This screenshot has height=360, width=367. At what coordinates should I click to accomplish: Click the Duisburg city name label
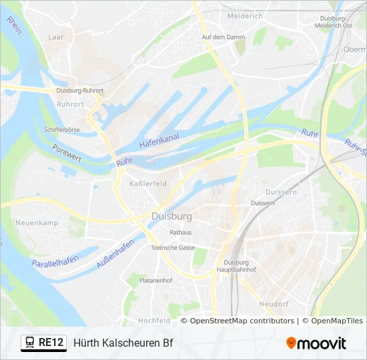pyautogui.click(x=171, y=217)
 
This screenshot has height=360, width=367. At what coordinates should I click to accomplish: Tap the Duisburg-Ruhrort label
pyautogui.click(x=79, y=91)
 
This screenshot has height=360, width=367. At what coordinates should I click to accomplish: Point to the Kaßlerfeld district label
pyautogui.click(x=147, y=183)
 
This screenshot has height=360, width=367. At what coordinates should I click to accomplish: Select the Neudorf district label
pyautogui.click(x=273, y=304)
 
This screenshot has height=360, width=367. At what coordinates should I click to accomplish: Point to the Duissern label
pyautogui.click(x=262, y=203)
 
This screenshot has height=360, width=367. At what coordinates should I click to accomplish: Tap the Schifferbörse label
pyautogui.click(x=61, y=129)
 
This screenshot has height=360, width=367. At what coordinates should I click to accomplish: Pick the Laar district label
pyautogui.click(x=56, y=38)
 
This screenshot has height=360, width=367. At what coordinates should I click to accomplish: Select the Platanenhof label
pyautogui.click(x=155, y=281)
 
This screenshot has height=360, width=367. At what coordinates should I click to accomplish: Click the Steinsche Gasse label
pyautogui.click(x=173, y=247)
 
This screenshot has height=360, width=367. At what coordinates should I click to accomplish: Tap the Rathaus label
pyautogui.click(x=180, y=233)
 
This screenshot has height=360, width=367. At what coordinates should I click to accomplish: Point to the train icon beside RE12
pyautogui.click(x=30, y=343)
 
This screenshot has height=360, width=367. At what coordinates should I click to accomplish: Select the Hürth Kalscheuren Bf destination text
pyautogui.click(x=123, y=343)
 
